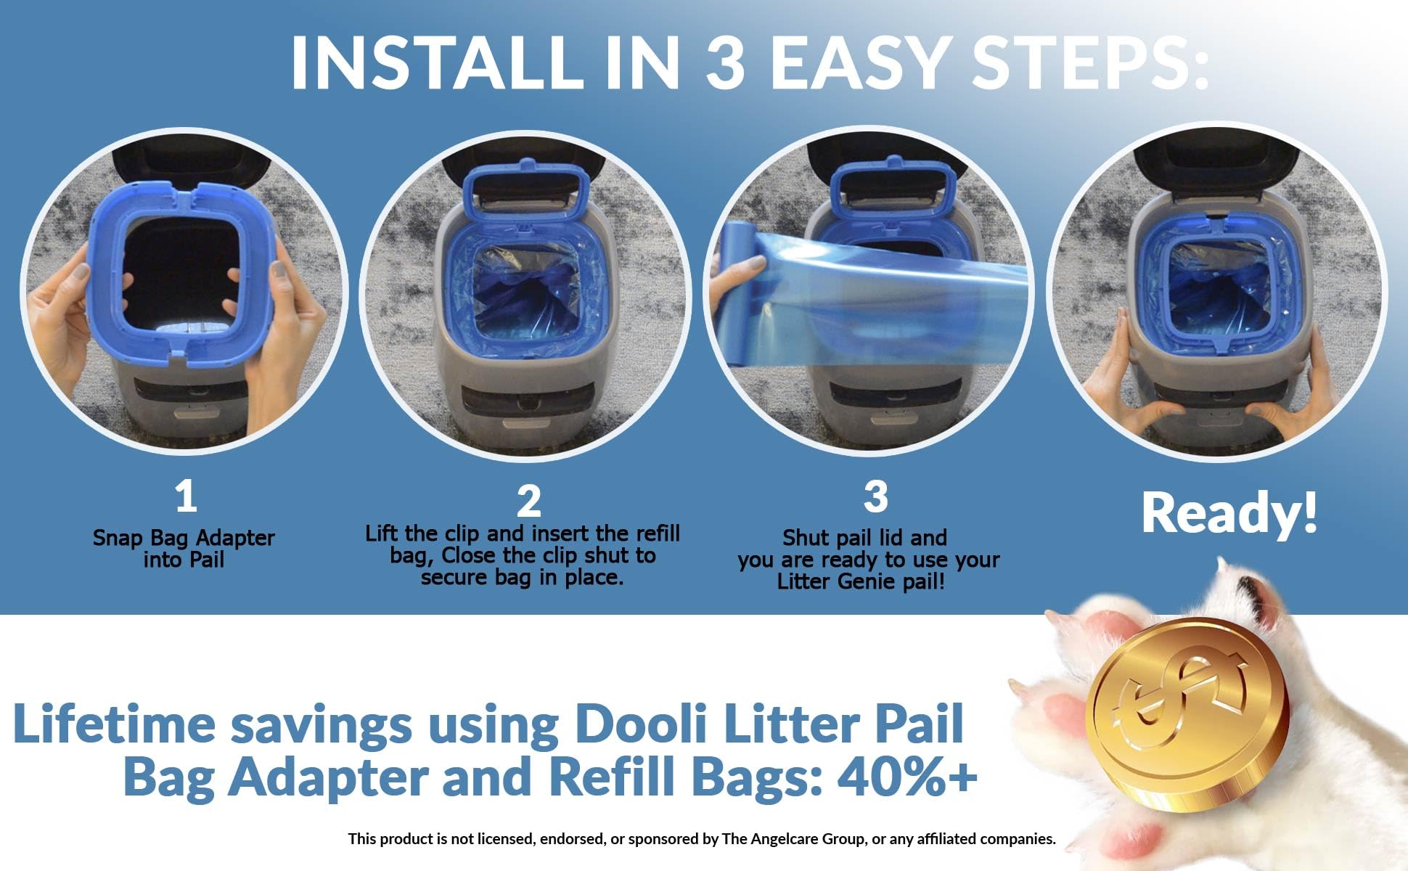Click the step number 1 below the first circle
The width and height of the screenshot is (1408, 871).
point(186,496)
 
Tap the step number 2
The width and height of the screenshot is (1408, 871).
point(528,501)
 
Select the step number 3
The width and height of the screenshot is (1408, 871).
point(875,496)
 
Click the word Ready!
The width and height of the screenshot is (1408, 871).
point(1229,512)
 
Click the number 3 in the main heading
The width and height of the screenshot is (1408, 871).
point(726,61)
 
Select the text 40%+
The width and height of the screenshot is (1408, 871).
point(907,777)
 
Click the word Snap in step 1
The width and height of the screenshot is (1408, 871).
point(118,539)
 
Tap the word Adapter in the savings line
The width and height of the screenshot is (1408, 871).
point(330,777)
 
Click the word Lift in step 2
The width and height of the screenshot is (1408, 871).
point(382,533)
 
